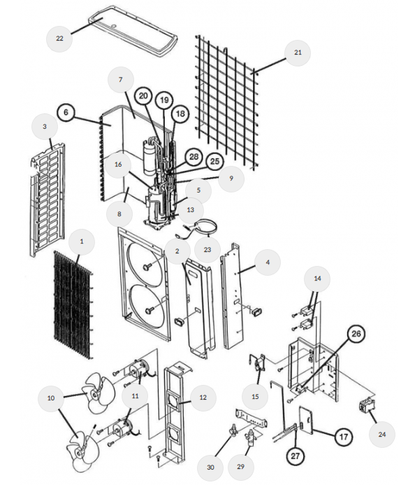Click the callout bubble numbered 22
coord(59,38)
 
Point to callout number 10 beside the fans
coord(50,398)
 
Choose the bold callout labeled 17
coord(343,437)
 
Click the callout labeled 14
coord(317,278)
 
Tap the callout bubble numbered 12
coord(203,398)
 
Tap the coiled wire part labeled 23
coord(205,226)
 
